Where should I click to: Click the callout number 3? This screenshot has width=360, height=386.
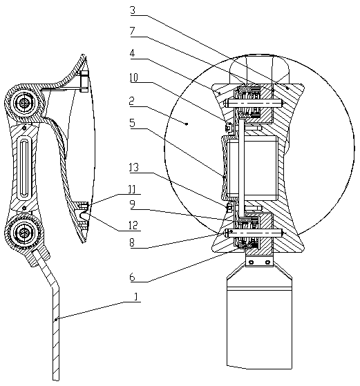(x=133, y=10)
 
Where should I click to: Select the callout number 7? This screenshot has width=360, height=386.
(x=133, y=31)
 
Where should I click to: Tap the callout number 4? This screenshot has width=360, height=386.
(x=132, y=53)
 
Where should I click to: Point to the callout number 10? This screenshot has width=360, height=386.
(x=134, y=77)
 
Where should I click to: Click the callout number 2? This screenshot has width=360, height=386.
(x=132, y=102)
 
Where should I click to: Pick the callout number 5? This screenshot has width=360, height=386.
(x=132, y=123)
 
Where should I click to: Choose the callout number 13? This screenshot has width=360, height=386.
(x=134, y=168)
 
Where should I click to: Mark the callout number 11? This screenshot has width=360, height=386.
(x=132, y=190)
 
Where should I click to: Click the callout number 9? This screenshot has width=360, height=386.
(x=133, y=204)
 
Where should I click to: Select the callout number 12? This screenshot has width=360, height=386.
(x=133, y=226)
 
